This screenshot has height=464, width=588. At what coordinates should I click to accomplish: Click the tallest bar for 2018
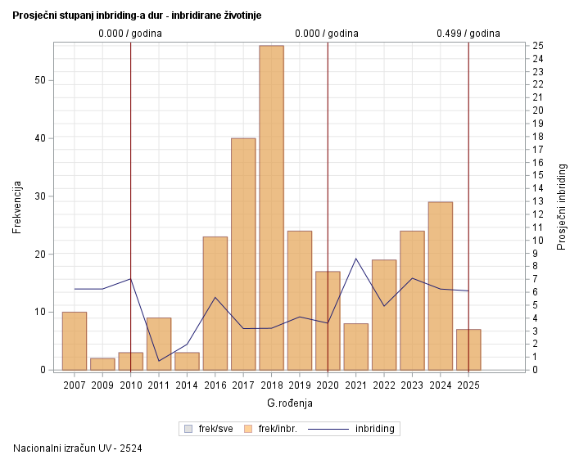[271, 208]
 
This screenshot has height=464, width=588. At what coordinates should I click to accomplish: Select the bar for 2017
[243, 254]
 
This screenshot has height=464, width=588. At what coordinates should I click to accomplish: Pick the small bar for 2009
[102, 364]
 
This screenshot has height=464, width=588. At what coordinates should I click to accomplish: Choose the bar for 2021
[355, 347]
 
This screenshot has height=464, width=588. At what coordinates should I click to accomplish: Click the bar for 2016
[215, 303]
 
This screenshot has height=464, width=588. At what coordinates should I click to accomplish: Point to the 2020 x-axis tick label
[328, 384]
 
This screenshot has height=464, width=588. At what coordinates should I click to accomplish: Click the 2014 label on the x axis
[187, 384]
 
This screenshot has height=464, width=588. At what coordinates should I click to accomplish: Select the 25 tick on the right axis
[536, 45]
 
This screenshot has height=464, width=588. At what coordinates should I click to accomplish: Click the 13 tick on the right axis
[536, 201]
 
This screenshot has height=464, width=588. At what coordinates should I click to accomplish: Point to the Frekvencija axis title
[17, 208]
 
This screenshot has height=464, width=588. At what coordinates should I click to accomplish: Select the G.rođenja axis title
[289, 403]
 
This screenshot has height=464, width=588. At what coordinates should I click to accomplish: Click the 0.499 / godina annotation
[468, 34]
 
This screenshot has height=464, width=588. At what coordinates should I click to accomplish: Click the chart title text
[138, 16]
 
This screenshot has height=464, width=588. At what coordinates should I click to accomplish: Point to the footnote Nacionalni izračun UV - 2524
[78, 448]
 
